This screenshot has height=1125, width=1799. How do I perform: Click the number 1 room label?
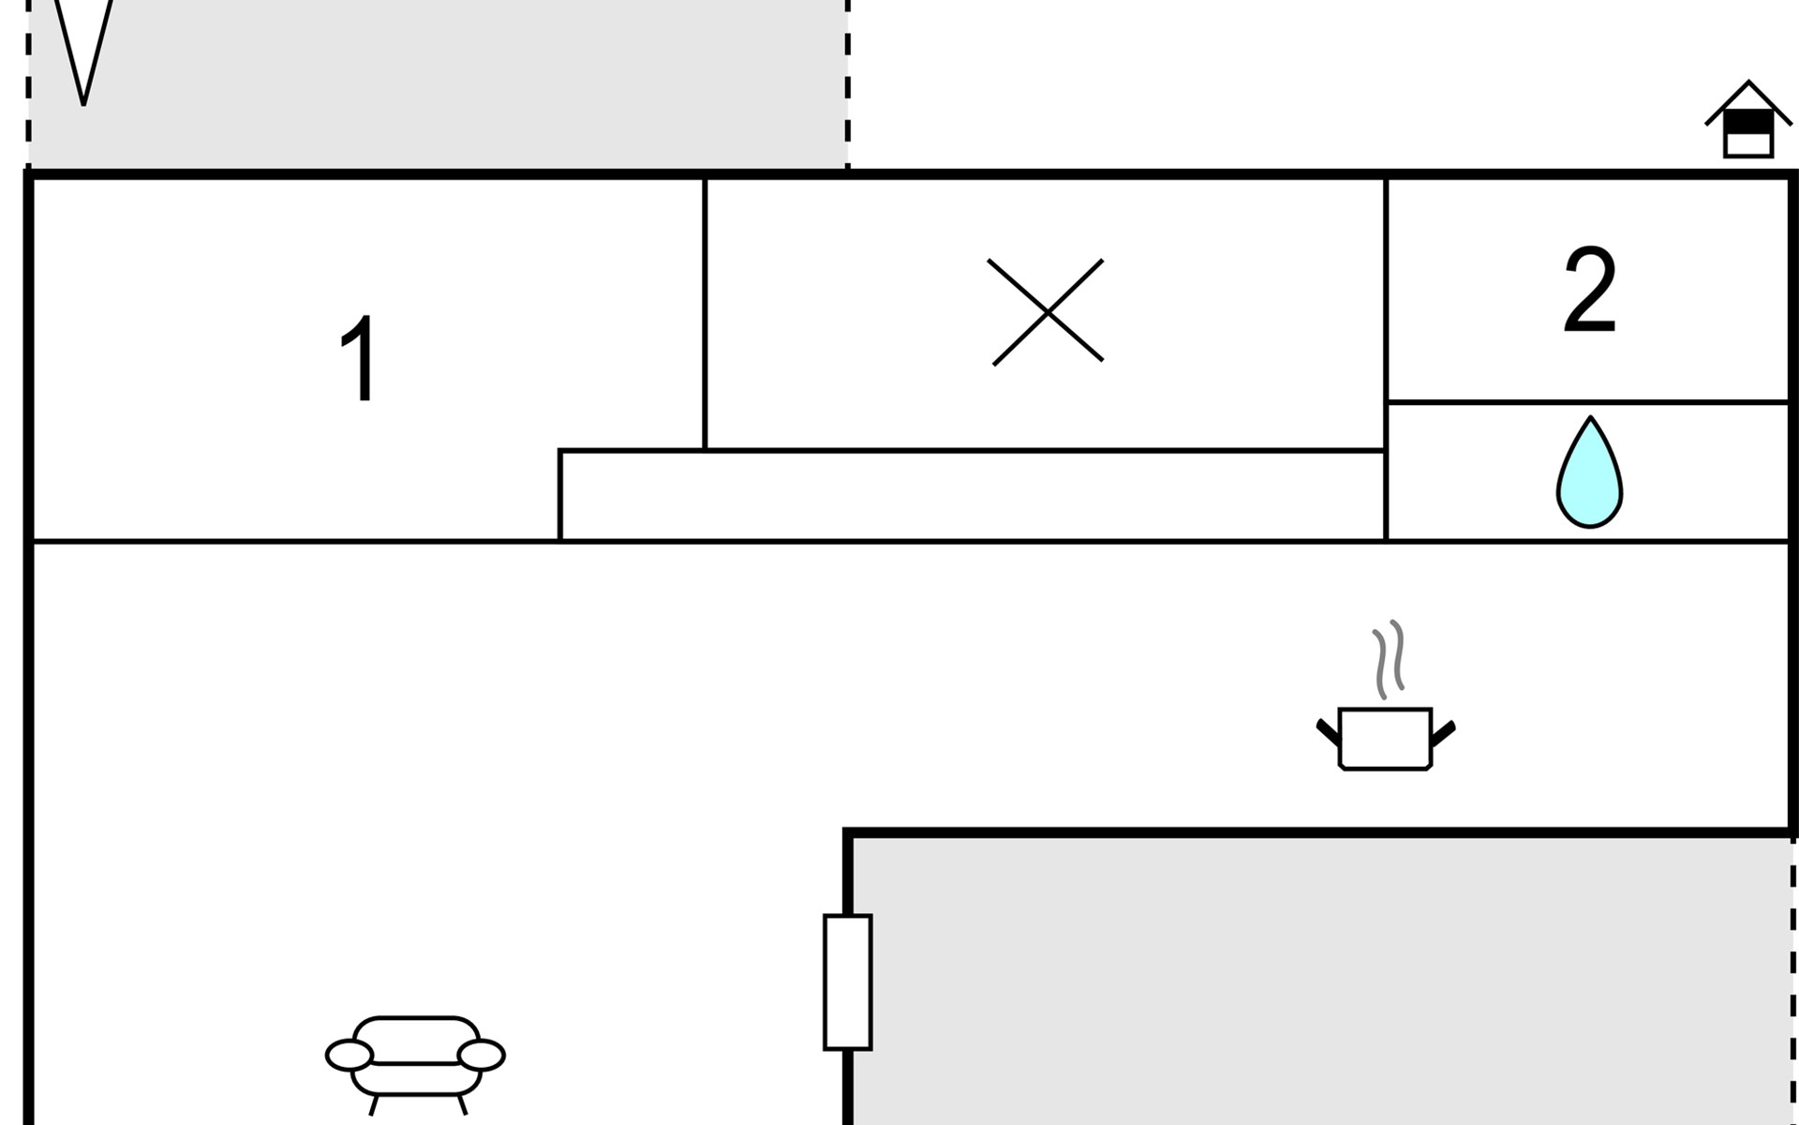[358, 360]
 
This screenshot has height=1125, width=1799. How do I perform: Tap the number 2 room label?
[1589, 290]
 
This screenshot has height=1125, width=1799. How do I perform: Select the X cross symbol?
[1047, 312]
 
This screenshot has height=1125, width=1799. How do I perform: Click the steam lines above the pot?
[1389, 658]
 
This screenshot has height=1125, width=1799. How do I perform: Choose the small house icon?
[1748, 122]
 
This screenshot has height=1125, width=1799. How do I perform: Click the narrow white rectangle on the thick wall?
[848, 982]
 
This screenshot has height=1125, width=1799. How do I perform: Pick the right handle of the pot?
[1443, 732]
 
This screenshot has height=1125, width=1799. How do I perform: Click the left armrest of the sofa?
[349, 1055]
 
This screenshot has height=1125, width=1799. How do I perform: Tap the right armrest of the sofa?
[482, 1055]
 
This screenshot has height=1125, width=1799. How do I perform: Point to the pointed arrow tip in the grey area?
[83, 94]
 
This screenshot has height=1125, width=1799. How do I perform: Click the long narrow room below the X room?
[972, 496]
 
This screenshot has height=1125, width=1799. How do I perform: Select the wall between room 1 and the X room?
[705, 314]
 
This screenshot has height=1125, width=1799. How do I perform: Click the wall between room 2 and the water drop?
[1587, 402]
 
